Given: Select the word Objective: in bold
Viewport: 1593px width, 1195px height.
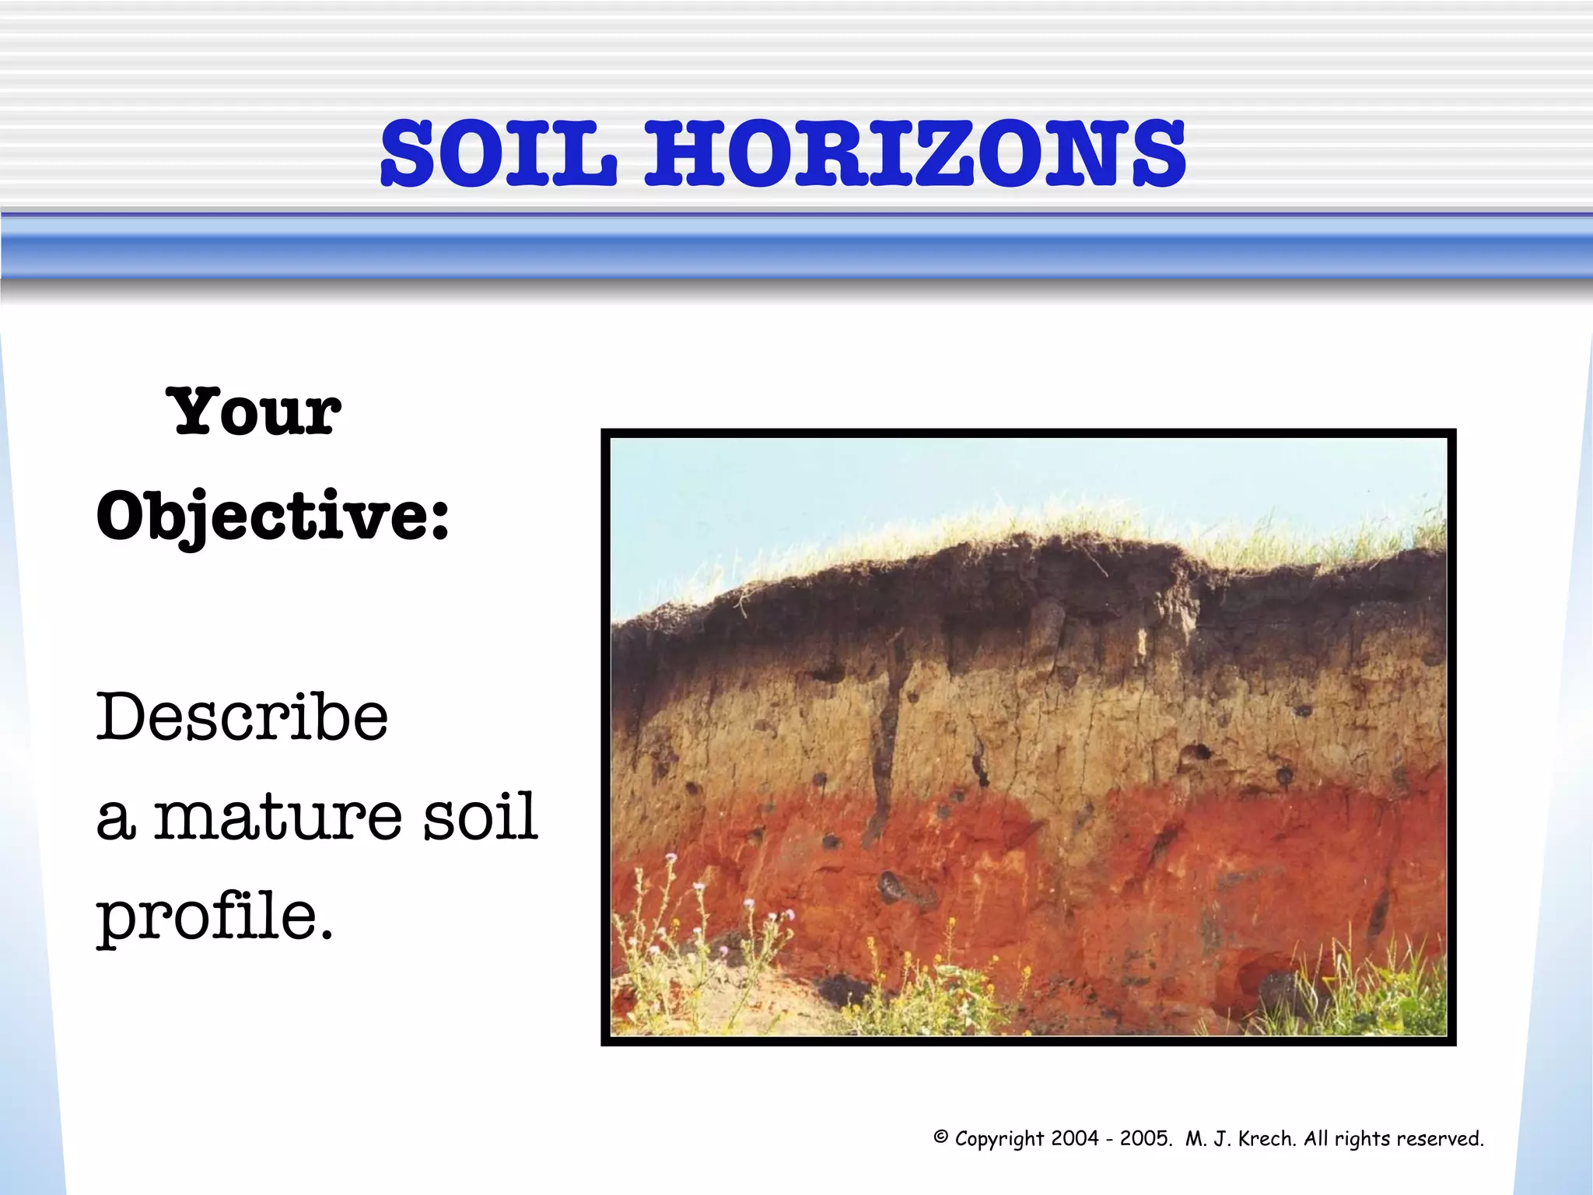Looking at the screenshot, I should (272, 517).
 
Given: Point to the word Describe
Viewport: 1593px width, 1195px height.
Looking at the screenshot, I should (242, 717).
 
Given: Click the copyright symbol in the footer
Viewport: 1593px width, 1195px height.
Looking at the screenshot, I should (940, 1137).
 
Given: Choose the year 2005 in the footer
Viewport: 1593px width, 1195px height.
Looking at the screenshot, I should (1145, 1138).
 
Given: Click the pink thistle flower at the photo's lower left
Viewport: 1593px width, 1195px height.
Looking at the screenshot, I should (670, 858).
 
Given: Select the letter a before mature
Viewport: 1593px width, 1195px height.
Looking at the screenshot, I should (115, 821).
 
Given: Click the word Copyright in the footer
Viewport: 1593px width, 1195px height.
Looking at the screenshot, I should (999, 1138).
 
